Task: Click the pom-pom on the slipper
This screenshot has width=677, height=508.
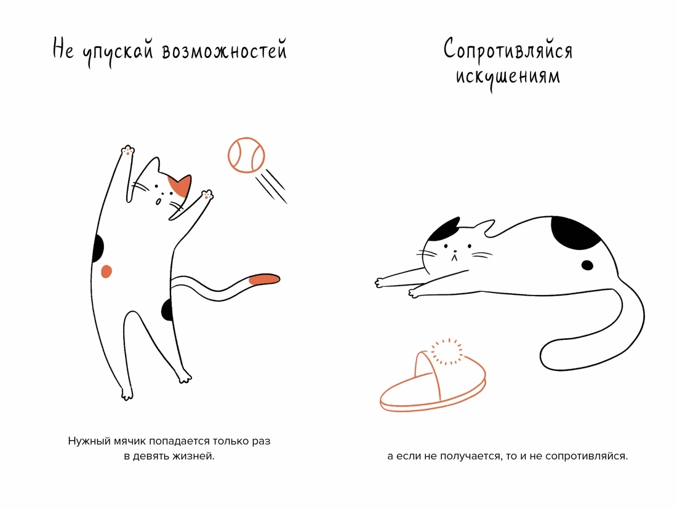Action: pos(447,351)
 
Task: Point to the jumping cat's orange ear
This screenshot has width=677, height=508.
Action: pos(180,186)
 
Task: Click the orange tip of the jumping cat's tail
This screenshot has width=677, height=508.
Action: pos(264,279)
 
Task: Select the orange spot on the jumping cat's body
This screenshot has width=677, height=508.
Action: pos(106,272)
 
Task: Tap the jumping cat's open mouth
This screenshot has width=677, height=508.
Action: pos(158,202)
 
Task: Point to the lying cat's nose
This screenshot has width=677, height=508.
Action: pos(454,251)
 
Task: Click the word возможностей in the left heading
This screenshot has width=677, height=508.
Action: pos(224,52)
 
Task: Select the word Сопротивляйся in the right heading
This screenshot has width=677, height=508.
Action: pos(508,50)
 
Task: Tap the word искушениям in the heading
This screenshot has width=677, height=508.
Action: pos(508,78)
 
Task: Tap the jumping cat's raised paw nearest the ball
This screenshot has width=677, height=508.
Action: pos(207,195)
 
